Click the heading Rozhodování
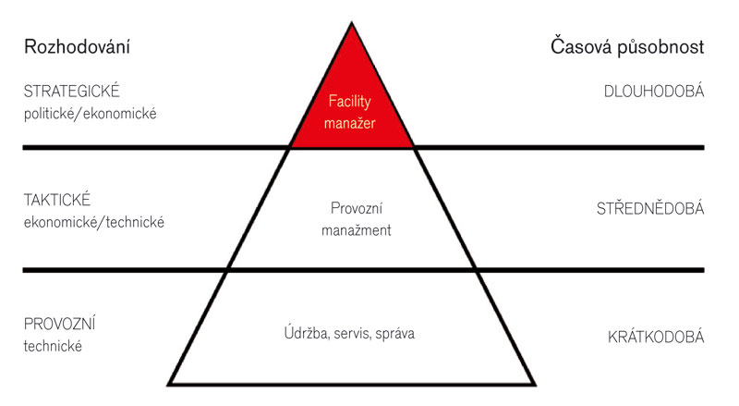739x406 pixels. pos(77,47)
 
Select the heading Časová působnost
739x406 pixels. pos(627,47)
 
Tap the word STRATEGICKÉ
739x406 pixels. pos(72,92)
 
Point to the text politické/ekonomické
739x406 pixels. pos(90,114)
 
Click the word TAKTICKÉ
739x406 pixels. pos(57,200)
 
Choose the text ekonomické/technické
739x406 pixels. pos(94,222)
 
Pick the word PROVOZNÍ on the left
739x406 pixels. pos(60,324)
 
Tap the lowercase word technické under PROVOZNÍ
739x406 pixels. pos(53,346)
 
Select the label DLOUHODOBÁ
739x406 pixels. pos(654,92)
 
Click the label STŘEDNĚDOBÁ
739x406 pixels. pos(650,208)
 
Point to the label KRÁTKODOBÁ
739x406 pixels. pos(656,337)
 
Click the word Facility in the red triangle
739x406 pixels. pos(350,102)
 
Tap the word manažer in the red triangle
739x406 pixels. pos(350,123)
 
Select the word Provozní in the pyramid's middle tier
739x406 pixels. pos(357,208)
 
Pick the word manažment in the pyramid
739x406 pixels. pos(357,230)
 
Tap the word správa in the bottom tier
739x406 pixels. pos(395,334)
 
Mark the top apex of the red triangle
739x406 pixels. pos(352,24)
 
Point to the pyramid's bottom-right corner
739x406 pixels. pos(535,385)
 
